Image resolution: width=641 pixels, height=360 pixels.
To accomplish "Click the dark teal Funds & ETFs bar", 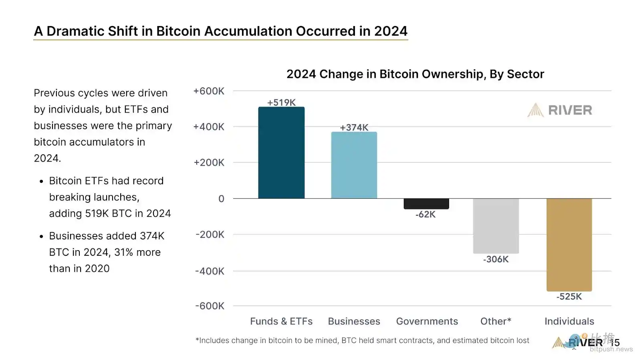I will coord(281,153).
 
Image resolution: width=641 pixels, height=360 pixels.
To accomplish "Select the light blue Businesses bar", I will coord(354,165).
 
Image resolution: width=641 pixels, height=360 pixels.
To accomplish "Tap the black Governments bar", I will coord(426,204).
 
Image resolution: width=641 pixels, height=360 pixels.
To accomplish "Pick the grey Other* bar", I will coord(496,226).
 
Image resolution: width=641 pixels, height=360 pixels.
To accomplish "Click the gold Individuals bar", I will coord(569,245).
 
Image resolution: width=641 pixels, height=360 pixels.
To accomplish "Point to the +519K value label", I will coord(281,103).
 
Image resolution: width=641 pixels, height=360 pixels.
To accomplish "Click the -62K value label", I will coord(425,214).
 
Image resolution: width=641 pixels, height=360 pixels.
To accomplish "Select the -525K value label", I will coord(569,297).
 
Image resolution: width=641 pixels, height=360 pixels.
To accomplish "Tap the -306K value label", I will coord(496,259).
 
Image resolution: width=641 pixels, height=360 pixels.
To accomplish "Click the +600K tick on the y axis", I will coord(209,91).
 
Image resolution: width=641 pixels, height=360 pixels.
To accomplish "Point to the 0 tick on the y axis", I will coord(221,199).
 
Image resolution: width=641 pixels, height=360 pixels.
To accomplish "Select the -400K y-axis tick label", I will coord(210,271).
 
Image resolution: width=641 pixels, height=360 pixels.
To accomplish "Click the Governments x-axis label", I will coord(427,322).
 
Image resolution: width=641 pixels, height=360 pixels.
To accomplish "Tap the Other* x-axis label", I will coord(496,322).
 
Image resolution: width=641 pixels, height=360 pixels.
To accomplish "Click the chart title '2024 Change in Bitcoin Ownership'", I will coord(415,74).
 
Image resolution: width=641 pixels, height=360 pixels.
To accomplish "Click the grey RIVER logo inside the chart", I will coord(560,110).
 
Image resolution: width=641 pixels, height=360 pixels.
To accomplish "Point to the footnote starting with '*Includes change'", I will coord(362,341).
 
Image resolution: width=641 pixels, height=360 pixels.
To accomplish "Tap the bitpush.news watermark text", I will coord(611,350).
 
